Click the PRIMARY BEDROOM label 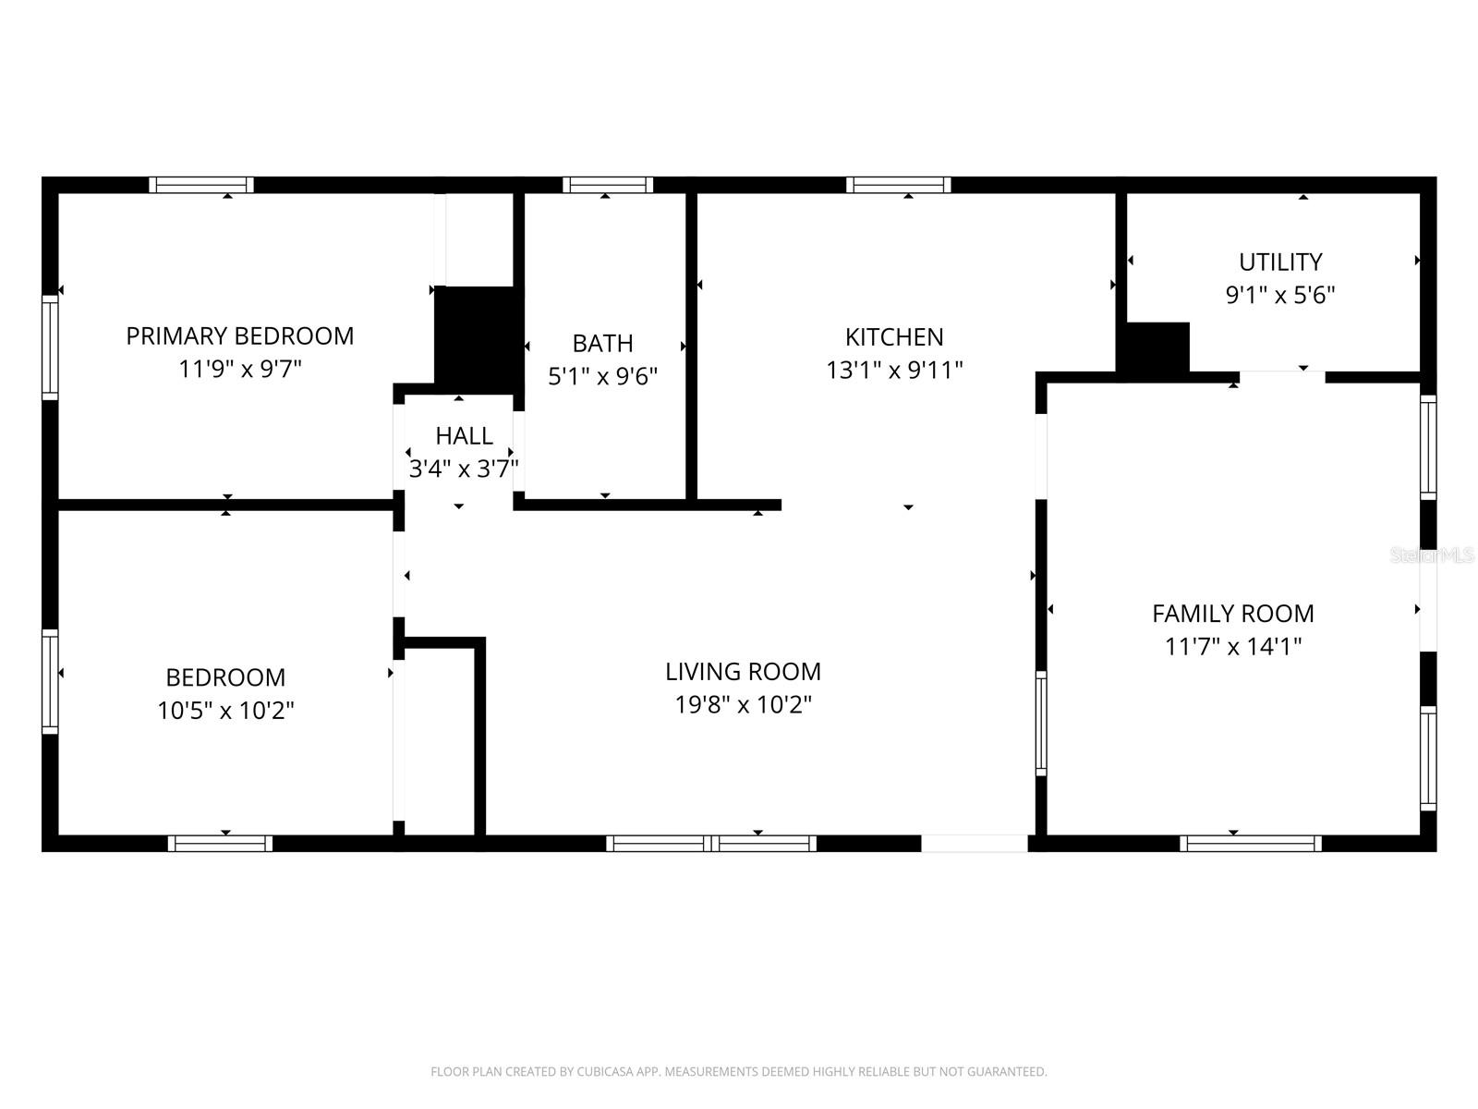[x=239, y=335]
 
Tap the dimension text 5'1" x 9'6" [x=602, y=376]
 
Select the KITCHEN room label [x=894, y=336]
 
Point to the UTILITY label [x=1279, y=262]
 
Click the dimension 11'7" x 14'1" [x=1232, y=646]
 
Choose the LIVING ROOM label [x=743, y=671]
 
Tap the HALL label [x=464, y=435]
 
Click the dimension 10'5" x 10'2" [x=225, y=711]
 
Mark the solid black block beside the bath [x=478, y=339]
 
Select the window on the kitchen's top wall [x=898, y=185]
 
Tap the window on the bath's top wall [x=608, y=185]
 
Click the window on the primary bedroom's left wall [x=50, y=347]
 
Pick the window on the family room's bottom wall [x=1251, y=843]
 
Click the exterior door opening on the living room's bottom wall [x=974, y=843]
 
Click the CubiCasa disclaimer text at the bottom [x=738, y=1072]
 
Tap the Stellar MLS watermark [x=1433, y=555]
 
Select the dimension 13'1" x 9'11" [x=894, y=371]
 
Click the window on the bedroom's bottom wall [x=220, y=843]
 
